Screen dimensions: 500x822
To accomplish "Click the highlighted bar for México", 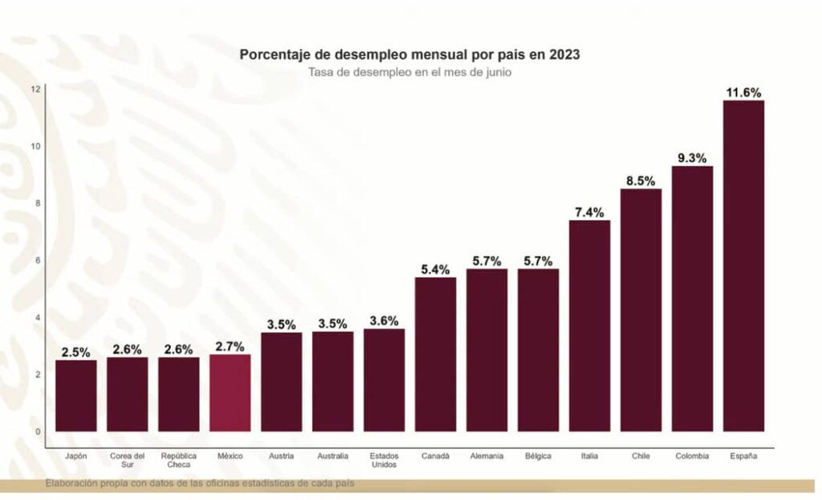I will tap(230, 392).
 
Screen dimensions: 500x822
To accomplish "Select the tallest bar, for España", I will tap(743, 266).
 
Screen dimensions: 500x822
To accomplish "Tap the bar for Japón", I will tap(75, 395).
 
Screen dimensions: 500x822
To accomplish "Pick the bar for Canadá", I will tap(435, 354).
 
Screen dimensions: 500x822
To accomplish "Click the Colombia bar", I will tap(692, 298).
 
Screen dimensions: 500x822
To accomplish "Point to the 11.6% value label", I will tap(743, 93).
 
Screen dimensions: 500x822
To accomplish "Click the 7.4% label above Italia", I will tap(589, 213).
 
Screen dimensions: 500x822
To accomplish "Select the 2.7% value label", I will tap(230, 347).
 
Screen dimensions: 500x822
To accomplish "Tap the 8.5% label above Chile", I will tap(641, 181).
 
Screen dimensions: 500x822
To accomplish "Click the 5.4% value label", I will tap(435, 270).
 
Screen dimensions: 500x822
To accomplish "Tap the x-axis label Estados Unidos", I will tap(384, 461).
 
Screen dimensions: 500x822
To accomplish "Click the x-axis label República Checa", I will tap(178, 461).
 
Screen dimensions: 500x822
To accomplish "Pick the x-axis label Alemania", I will tap(486, 457).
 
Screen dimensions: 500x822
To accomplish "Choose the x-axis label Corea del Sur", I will tap(127, 461).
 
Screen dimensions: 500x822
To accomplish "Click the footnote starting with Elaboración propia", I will tap(199, 483).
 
